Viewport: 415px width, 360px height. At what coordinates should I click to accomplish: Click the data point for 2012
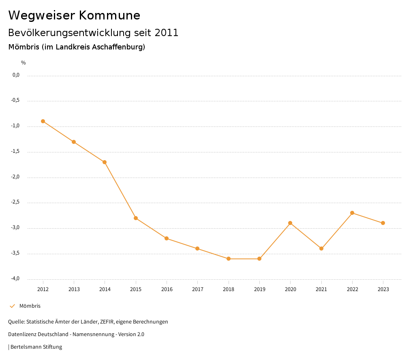click(43, 121)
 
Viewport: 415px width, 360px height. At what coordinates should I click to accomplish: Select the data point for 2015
click(136, 218)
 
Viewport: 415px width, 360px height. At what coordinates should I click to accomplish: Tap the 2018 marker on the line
click(229, 259)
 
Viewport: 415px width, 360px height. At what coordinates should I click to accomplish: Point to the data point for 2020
click(290, 223)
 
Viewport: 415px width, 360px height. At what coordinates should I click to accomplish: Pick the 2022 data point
click(352, 213)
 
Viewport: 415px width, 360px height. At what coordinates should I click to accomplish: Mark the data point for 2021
click(321, 249)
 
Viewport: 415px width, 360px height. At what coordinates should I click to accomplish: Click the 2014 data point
click(105, 162)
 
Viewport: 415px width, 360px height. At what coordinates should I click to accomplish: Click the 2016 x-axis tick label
click(167, 289)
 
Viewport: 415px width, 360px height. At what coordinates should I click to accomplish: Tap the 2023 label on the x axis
click(383, 289)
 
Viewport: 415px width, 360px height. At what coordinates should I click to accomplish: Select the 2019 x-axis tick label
click(259, 289)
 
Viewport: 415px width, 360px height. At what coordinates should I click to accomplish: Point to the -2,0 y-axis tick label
click(16, 177)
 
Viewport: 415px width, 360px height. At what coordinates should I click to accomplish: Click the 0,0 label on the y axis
click(16, 75)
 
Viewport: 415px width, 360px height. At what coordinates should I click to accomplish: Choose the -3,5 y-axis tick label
click(16, 253)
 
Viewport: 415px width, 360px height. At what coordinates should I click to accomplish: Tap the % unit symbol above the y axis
click(24, 63)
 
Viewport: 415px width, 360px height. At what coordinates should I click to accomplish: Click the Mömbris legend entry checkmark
click(12, 306)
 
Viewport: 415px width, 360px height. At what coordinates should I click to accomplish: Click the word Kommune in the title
click(110, 15)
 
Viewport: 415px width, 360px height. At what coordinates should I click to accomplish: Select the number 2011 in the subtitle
click(167, 33)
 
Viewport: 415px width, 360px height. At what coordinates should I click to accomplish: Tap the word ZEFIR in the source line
click(106, 322)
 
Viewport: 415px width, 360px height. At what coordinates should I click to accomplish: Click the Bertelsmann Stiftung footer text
click(36, 347)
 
